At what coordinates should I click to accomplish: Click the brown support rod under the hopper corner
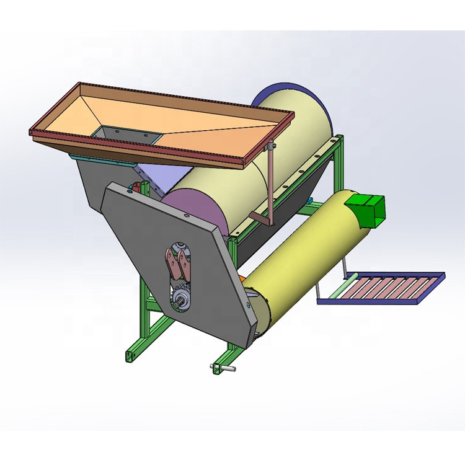pyautogui.click(x=270, y=180)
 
